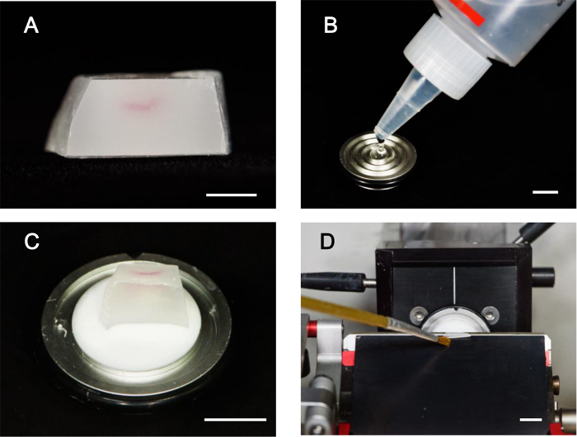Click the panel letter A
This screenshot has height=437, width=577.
click(31, 26)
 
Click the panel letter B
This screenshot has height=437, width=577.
click(331, 26)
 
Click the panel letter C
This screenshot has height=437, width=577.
click(31, 241)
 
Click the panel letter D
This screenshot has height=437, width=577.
click(327, 242)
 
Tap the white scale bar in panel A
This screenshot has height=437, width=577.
click(232, 195)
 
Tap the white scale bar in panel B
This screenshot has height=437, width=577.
click(546, 192)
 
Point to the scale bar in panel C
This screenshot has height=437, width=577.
click(235, 420)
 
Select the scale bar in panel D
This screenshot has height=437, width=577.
click(531, 420)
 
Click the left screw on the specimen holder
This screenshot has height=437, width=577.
click(415, 312)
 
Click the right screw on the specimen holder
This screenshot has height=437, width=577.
click(488, 312)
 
